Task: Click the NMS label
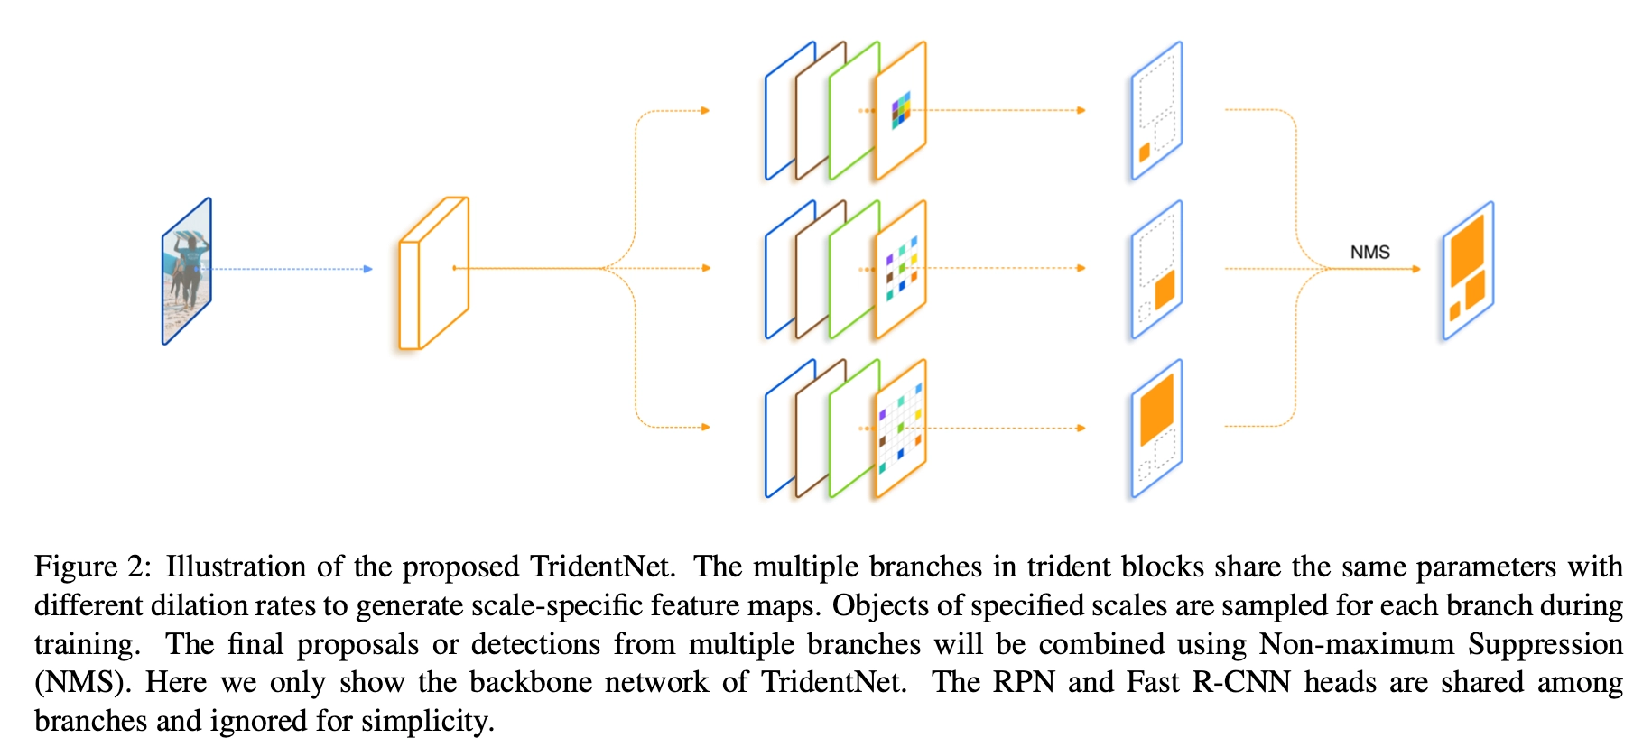[1369, 253]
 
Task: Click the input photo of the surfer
[187, 271]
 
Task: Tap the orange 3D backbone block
[434, 272]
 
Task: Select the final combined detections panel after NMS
[1468, 271]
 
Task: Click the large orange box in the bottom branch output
[1156, 409]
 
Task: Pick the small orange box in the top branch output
[1145, 152]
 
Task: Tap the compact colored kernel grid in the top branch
[901, 110]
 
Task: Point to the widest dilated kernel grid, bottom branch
[900, 428]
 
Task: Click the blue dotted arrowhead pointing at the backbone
[367, 269]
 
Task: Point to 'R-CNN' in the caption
[1241, 682]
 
